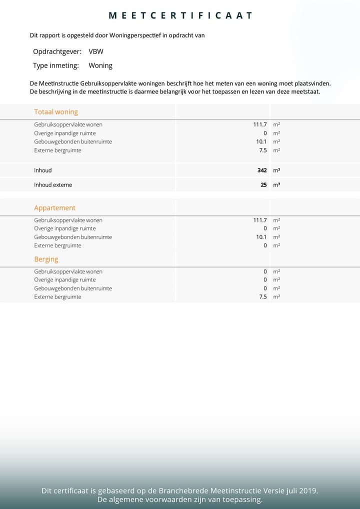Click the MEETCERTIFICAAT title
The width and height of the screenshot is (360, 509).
pyautogui.click(x=180, y=15)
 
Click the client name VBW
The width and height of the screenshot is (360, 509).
pyautogui.click(x=96, y=51)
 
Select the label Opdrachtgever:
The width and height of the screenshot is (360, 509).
pyautogui.click(x=57, y=51)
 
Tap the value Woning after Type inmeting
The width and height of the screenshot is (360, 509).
pyautogui.click(x=100, y=65)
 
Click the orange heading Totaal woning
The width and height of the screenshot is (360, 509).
pyautogui.click(x=56, y=112)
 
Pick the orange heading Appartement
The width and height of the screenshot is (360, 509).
pyautogui.click(x=54, y=208)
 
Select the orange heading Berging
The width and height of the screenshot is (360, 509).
pyautogui.click(x=46, y=259)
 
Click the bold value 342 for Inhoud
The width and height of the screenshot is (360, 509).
pyautogui.click(x=262, y=170)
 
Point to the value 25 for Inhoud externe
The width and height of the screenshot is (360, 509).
pyautogui.click(x=263, y=185)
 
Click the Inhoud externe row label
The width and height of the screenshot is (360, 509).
pyautogui.click(x=53, y=185)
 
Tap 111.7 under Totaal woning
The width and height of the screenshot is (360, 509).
pyautogui.click(x=260, y=124)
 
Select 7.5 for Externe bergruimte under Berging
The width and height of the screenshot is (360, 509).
pyautogui.click(x=262, y=297)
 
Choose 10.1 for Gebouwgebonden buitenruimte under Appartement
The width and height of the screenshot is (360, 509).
pyautogui.click(x=261, y=237)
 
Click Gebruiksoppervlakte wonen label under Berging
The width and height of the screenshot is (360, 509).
pyautogui.click(x=68, y=271)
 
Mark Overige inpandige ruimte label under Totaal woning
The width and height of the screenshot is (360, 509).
pyautogui.click(x=65, y=133)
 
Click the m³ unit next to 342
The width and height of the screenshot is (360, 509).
pyautogui.click(x=276, y=170)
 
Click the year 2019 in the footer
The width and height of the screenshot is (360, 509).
pyautogui.click(x=306, y=491)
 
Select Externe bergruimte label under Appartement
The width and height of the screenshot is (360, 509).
pyautogui.click(x=57, y=245)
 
